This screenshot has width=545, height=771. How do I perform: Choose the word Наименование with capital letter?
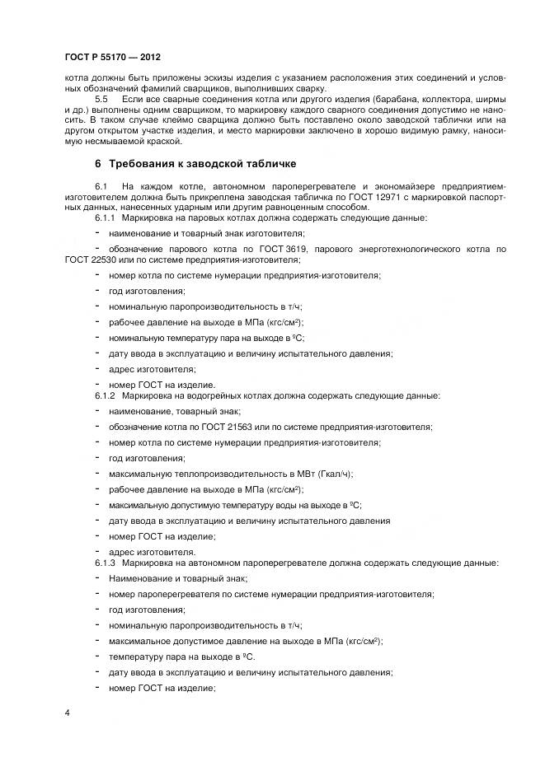click(138, 578)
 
